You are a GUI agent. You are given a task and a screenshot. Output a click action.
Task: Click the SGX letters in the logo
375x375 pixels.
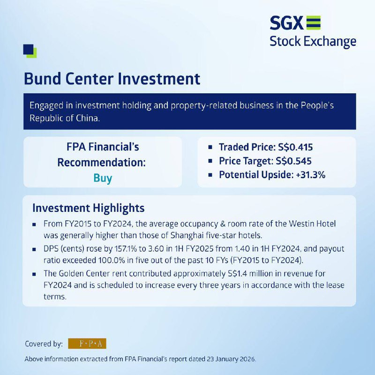286,23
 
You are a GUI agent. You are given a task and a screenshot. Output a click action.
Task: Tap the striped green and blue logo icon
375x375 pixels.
313,22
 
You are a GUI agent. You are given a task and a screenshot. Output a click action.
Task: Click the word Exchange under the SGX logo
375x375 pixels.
330,42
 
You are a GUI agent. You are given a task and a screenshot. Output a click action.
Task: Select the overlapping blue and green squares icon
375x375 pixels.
30,51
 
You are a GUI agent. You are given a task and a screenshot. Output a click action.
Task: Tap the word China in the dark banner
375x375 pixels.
88,118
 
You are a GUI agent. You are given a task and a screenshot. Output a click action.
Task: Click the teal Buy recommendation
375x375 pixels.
103,178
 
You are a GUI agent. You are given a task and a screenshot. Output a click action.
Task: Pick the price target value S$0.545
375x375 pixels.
293,161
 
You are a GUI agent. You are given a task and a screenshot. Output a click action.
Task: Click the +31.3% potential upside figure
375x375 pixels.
310,175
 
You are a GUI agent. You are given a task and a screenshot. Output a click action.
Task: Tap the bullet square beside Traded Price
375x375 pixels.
210,147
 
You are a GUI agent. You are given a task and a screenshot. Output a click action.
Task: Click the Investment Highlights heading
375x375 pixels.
89,208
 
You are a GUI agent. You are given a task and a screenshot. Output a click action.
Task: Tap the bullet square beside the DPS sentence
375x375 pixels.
34,249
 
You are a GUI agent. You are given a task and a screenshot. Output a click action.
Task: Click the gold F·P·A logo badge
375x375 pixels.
87,344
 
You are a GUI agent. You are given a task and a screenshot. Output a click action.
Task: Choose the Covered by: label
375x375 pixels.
44,344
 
